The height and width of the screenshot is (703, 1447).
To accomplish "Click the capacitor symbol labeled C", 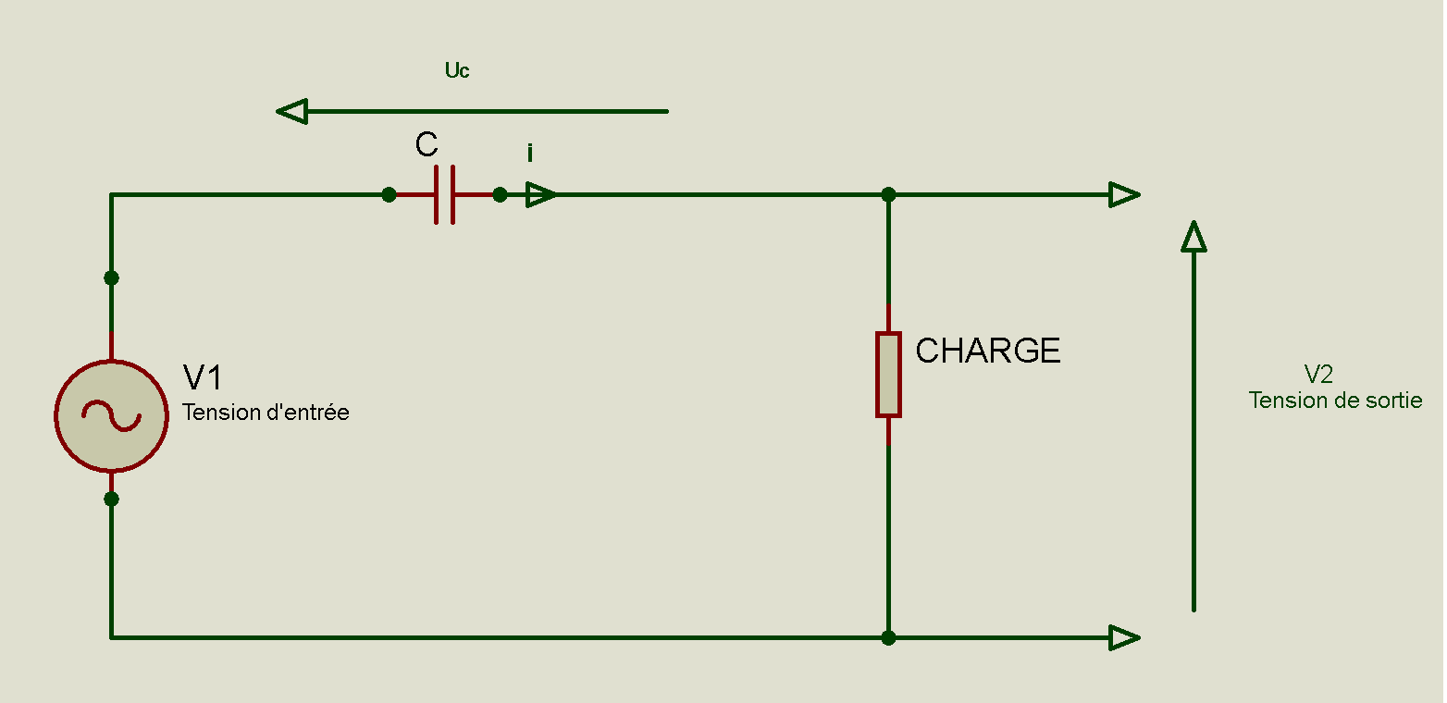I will coord(444,194).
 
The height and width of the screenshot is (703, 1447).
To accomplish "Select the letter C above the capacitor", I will coord(427,145).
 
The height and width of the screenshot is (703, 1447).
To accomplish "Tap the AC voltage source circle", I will coord(111,416).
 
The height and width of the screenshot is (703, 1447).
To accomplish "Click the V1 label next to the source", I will coord(203,378).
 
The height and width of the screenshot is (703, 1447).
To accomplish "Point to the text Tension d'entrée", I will coord(266,413).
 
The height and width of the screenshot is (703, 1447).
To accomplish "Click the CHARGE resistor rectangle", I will coord(888,375).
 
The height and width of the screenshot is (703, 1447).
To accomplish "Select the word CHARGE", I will coord(987,351).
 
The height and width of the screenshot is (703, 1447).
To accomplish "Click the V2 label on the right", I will coord(1318,374).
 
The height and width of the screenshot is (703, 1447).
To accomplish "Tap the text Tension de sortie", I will coord(1335,401).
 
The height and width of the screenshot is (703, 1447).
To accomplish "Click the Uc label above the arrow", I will coord(457,70).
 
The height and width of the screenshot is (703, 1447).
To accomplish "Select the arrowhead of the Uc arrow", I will coord(291,112).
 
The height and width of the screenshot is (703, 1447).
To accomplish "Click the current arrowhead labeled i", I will coord(541,194).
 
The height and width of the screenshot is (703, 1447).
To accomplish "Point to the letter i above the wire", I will coord(530,154).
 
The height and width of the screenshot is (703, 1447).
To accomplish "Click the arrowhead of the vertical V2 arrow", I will coord(1193,237).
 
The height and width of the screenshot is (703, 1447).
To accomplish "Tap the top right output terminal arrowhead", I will coord(1124,194).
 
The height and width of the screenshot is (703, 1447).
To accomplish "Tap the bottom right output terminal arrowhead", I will coord(1124,637).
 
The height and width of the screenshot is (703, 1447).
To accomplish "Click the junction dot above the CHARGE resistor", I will coord(888,194).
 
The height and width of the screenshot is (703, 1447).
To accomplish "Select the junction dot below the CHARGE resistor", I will coord(888,637).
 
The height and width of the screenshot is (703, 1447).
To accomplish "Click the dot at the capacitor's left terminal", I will coord(390,194).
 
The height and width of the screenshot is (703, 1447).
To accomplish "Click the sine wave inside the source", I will coord(111,416).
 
